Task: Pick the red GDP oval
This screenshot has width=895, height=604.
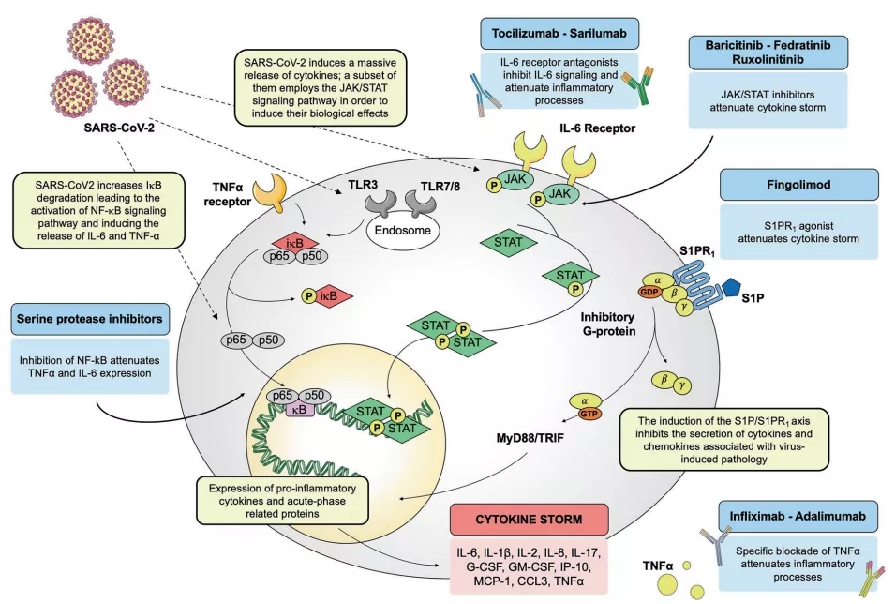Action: coord(648,292)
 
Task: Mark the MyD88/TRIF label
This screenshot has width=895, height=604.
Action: coord(544,436)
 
